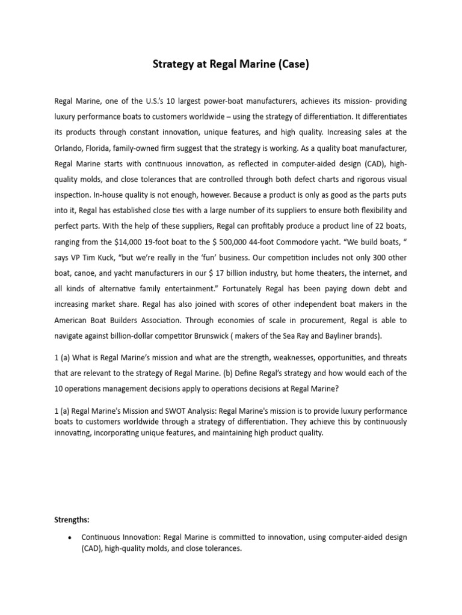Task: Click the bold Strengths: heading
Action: point(72,520)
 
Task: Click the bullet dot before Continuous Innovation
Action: point(71,538)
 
